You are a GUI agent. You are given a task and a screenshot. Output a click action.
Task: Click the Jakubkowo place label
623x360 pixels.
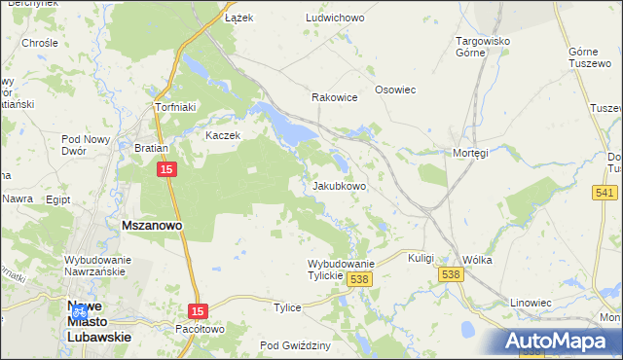[339, 186]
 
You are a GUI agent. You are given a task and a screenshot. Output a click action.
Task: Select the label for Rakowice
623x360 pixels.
[334, 97]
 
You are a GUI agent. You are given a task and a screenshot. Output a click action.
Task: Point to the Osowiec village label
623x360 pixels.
[395, 90]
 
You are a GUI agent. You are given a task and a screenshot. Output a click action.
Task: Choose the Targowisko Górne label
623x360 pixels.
[484, 49]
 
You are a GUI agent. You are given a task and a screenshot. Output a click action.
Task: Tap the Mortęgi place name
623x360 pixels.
[469, 153]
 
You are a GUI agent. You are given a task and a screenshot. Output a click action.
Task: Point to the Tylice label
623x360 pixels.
[287, 307]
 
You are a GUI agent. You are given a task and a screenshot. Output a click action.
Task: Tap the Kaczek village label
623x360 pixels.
[222, 135]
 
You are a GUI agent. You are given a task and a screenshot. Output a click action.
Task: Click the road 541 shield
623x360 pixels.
[605, 193]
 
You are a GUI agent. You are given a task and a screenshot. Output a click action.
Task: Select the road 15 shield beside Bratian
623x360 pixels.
[166, 170]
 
